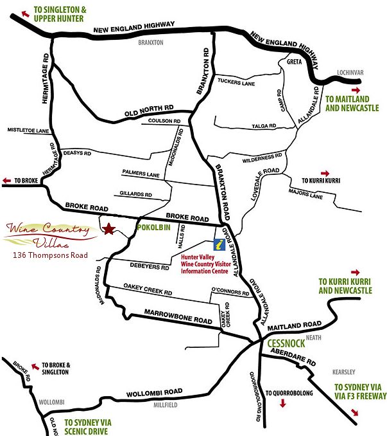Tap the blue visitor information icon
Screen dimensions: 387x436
(219, 245)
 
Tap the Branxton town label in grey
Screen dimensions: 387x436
(151, 42)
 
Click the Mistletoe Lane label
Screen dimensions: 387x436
(28, 131)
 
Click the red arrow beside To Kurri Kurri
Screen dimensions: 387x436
(325, 173)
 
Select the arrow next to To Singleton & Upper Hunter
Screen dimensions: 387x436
(25, 12)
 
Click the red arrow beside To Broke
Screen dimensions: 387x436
(6, 181)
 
